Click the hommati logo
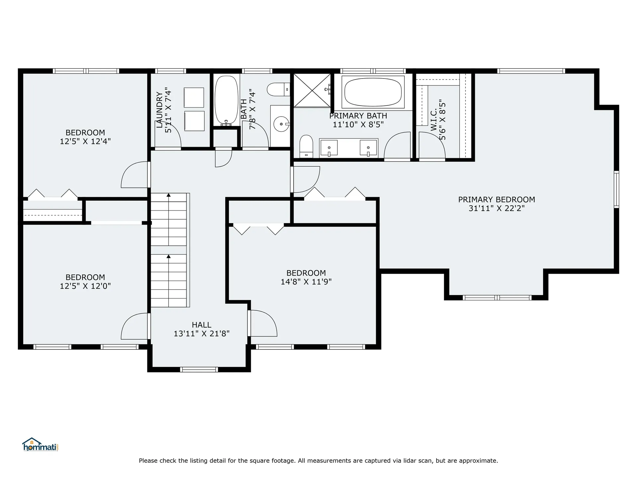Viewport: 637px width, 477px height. (40, 445)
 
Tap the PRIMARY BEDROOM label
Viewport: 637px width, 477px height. (496, 200)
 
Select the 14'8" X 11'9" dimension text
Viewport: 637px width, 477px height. (306, 282)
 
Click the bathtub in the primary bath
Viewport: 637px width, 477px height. (373, 92)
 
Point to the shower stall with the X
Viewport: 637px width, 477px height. (312, 90)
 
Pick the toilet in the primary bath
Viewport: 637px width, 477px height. (306, 146)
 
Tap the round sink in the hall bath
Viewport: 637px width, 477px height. (282, 124)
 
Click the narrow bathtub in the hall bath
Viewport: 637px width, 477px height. (227, 100)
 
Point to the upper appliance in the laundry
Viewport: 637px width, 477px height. (194, 97)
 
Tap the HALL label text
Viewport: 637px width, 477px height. (201, 325)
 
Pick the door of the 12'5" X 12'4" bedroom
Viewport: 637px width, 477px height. (135, 175)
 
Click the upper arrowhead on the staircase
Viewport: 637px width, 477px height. (169, 195)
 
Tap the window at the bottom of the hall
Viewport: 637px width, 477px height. (199, 370)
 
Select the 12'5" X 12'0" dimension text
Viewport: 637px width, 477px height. (85, 286)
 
